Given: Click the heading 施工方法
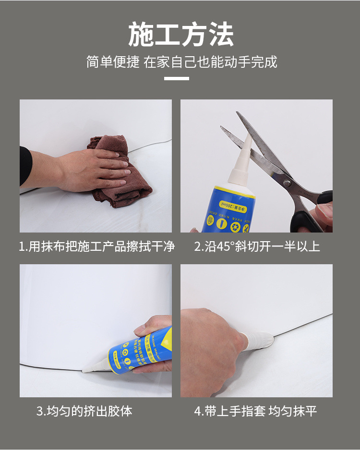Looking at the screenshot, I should [x=180, y=35].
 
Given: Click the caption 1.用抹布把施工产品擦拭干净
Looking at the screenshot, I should [x=96, y=247].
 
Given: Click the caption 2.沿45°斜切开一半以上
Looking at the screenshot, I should [x=257, y=247].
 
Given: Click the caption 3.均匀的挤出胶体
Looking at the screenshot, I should [x=84, y=411].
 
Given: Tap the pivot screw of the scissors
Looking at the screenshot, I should [x=287, y=183].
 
